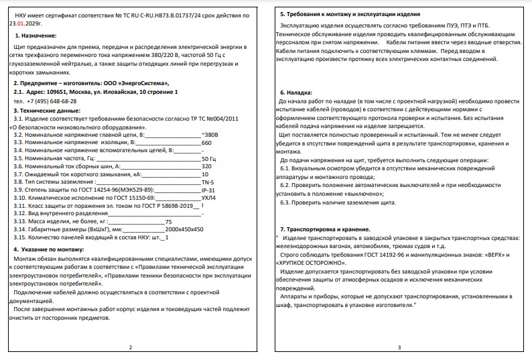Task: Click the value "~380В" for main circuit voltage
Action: (x=210, y=135)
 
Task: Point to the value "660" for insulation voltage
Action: (x=206, y=143)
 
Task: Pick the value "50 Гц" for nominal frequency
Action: (x=209, y=157)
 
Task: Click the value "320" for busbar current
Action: (x=206, y=165)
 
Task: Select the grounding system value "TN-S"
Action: (x=208, y=181)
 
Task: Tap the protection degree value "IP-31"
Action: (x=208, y=190)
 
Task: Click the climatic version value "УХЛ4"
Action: (x=209, y=198)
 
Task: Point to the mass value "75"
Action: (x=168, y=221)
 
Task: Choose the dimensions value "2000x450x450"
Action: (x=184, y=229)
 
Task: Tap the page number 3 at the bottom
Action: (x=399, y=347)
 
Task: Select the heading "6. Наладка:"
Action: (x=296, y=92)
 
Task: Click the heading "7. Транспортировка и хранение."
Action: (x=325, y=229)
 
